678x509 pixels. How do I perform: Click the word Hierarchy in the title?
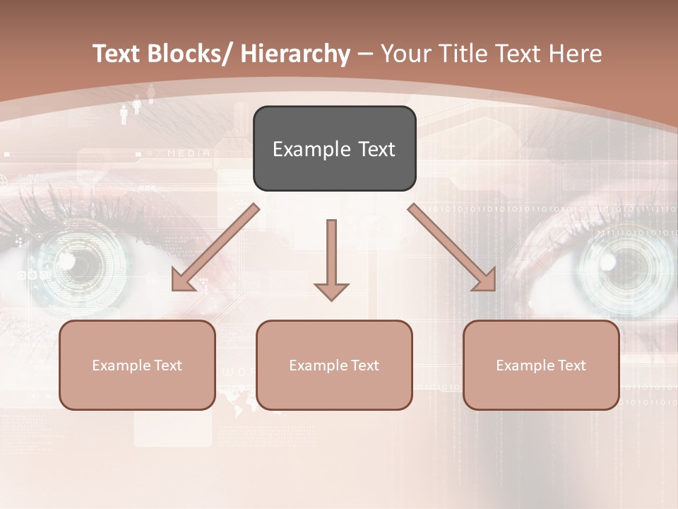coord(295,54)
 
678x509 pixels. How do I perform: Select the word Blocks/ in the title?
coord(188,54)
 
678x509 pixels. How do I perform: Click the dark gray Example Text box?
coord(334,149)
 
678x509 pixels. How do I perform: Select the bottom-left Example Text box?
coord(137,365)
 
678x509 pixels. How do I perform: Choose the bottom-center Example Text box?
coord(334,365)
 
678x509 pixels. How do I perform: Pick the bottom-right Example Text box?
coord(541,365)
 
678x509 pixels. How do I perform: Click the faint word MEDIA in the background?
coord(189,153)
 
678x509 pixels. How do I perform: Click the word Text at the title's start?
coord(116,54)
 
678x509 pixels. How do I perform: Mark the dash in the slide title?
coord(365,54)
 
